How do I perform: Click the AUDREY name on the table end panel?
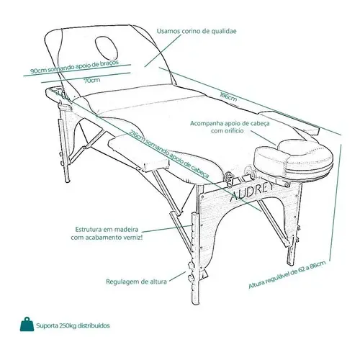251,192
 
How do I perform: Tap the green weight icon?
27,325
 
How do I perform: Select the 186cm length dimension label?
228,96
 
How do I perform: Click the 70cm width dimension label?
92,80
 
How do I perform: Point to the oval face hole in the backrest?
107,48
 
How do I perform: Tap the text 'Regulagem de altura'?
136,282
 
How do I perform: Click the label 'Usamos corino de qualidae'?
197,31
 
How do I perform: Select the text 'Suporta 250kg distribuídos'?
73,325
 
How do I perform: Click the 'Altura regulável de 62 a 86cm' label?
287,274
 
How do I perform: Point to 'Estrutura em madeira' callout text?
107,229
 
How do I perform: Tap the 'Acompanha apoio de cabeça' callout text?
230,123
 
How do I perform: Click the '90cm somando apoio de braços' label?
75,67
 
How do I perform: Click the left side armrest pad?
139,153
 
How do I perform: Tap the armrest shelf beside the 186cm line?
290,122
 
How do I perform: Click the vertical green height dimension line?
336,202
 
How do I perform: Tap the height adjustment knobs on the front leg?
192,272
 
